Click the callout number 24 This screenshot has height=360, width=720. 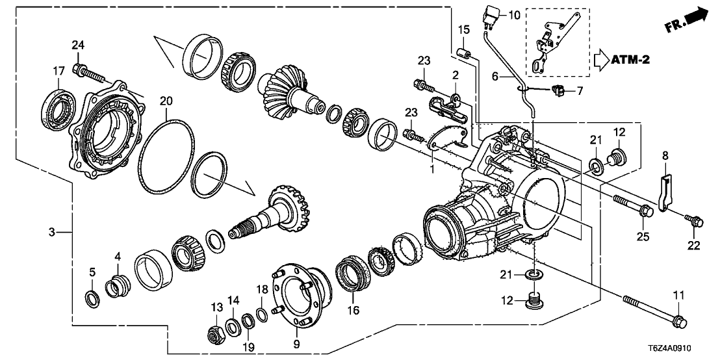point(78,45)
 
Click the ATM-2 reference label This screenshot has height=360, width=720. point(630,61)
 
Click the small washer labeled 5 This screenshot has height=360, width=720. point(93,299)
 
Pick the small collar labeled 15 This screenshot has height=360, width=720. point(463,52)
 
